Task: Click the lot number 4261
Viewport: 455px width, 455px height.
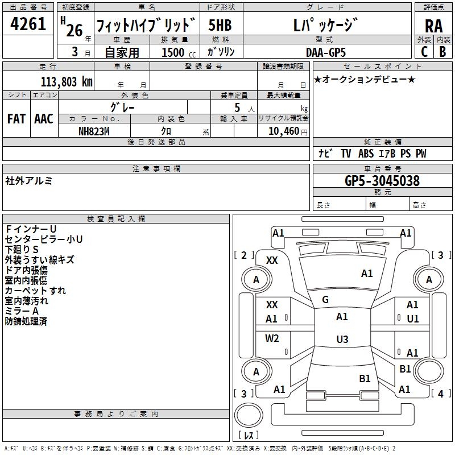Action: pos(28,24)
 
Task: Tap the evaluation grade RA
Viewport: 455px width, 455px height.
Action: pos(434,26)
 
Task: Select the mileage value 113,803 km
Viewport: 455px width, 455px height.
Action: pos(67,82)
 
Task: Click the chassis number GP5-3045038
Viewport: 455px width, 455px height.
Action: pos(382,181)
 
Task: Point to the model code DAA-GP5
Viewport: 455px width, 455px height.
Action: pos(326,52)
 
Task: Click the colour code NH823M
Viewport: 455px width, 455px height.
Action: pos(94,131)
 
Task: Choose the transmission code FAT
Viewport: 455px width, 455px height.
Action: pos(16,119)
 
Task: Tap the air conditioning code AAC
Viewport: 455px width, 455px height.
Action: pos(44,119)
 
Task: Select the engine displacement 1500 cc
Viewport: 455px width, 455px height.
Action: pos(179,52)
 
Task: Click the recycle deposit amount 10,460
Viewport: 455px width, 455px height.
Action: pos(284,131)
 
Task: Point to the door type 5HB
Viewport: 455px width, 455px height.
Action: pos(220,25)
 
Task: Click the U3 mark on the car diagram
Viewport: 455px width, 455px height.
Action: pos(342,339)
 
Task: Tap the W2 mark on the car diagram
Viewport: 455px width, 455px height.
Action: pos(272,338)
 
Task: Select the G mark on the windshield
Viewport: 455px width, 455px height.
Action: pos(325,300)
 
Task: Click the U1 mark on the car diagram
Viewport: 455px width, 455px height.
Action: pos(413,319)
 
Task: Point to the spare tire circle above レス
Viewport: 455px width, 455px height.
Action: pos(249,415)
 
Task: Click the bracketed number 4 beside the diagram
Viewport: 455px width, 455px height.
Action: pos(441,394)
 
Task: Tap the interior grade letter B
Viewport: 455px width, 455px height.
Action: pos(443,52)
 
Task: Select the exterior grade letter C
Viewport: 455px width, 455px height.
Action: pos(424,52)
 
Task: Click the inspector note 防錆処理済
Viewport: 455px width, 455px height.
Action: pos(26,321)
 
